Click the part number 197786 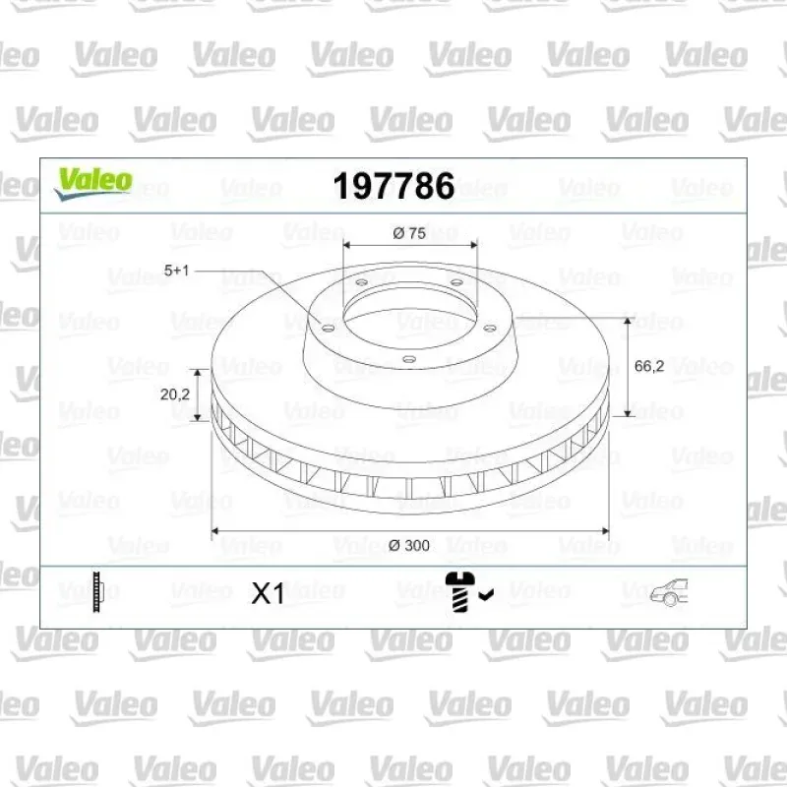tap(393, 186)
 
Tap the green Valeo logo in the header tap(93, 183)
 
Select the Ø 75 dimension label tap(409, 233)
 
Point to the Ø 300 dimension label tap(409, 545)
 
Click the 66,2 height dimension tap(649, 366)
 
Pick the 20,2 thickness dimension tap(175, 394)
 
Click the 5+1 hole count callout tap(177, 271)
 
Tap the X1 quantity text tap(268, 593)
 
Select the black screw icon tap(459, 591)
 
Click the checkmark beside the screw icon tap(486, 595)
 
